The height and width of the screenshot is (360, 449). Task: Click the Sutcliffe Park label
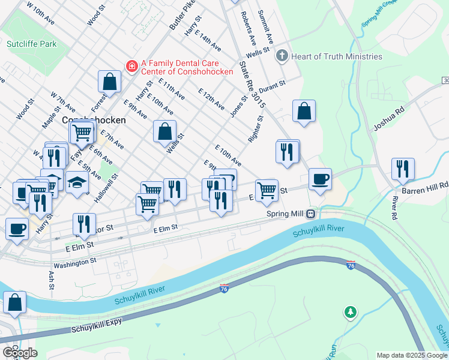click(x=31, y=44)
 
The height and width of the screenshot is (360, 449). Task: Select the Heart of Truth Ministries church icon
click(x=282, y=56)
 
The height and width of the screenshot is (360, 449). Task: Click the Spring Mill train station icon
click(x=311, y=214)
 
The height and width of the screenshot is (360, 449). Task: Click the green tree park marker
click(x=350, y=312)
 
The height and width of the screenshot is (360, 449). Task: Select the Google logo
click(x=20, y=353)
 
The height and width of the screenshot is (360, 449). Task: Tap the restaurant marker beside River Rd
click(x=403, y=169)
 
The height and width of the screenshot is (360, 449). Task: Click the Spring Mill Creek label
click(x=379, y=12)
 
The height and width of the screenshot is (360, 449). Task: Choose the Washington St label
click(x=75, y=263)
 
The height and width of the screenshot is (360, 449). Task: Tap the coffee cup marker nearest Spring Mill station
click(x=320, y=178)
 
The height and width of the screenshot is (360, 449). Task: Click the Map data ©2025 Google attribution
click(x=411, y=355)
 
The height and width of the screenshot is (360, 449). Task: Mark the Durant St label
click(x=272, y=89)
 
